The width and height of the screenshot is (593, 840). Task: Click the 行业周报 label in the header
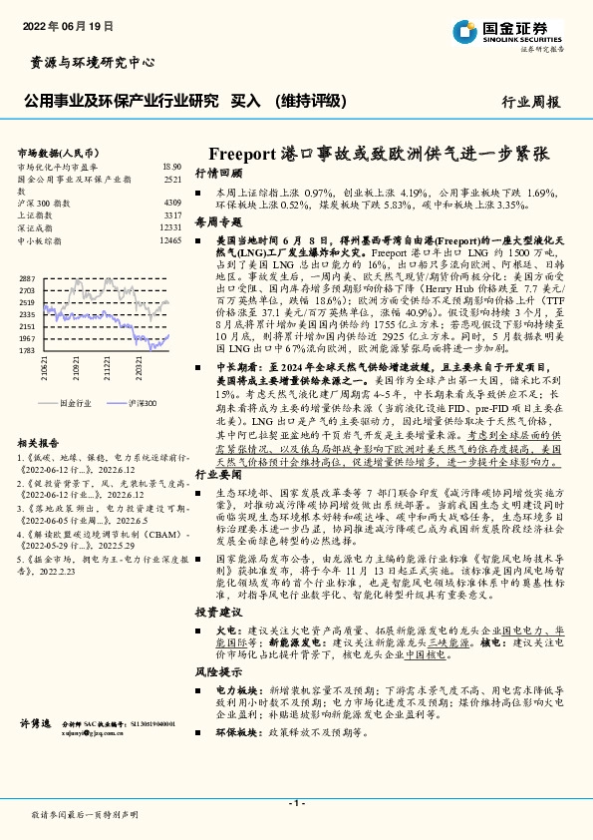point(531,102)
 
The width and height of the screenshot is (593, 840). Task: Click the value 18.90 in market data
point(171,167)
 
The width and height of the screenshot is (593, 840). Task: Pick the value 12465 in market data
point(170,240)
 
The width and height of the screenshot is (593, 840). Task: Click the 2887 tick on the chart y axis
point(27,278)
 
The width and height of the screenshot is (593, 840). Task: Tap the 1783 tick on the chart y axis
point(27,350)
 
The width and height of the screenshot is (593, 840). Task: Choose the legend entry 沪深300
point(142,403)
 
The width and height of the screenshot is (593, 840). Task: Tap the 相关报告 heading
point(39,442)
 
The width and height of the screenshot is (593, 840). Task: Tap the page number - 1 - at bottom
point(296,803)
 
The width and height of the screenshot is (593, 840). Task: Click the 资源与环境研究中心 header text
point(88,62)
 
